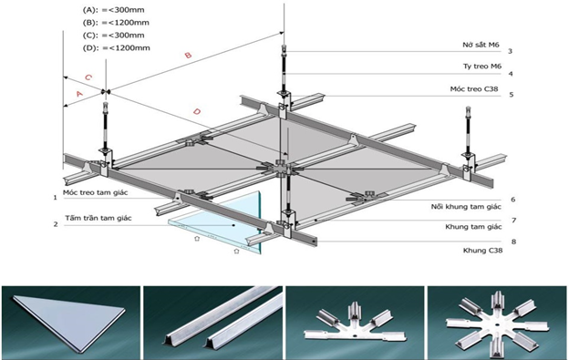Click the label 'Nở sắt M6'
[481, 45]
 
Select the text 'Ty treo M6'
[482, 67]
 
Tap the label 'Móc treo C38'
[474, 88]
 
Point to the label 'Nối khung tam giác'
[466, 207]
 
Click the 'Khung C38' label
[482, 250]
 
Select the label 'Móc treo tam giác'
[96, 192]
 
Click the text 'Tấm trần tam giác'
[98, 218]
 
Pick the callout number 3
[510, 51]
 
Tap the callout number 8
[513, 242]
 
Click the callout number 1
[55, 198]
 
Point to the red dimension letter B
[188, 55]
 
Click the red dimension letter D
[197, 111]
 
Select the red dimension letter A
[79, 94]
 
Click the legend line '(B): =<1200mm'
[116, 23]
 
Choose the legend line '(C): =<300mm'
[113, 36]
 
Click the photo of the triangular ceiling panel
[71, 323]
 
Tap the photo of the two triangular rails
[212, 323]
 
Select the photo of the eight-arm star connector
[497, 323]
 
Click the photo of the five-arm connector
[355, 323]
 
